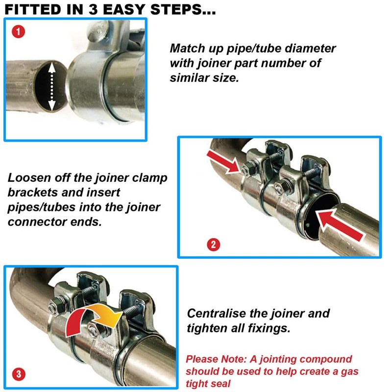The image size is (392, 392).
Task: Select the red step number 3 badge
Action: click(x=19, y=374)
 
